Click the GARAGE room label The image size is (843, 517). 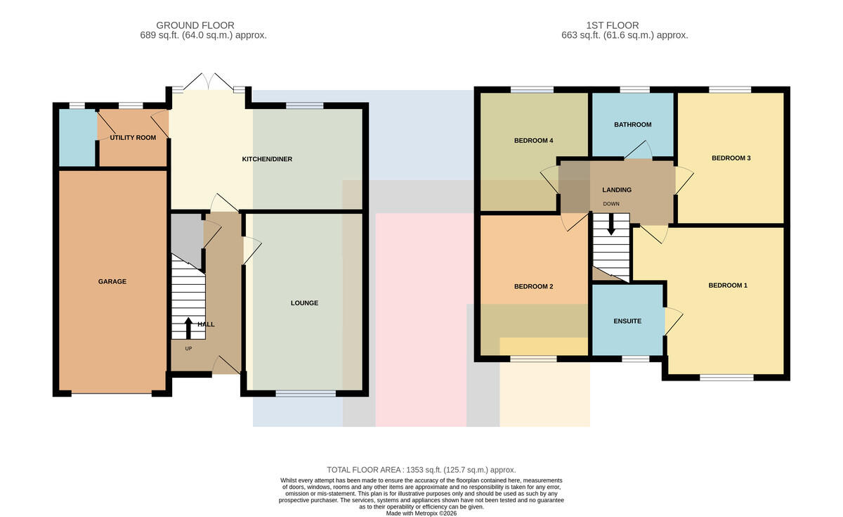112,281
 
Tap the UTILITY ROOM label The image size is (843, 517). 133,138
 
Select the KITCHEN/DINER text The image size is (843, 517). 267,159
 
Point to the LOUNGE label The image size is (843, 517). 304,303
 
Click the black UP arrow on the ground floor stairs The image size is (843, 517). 188,328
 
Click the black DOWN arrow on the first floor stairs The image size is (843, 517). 611,224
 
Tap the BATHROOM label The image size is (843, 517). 633,125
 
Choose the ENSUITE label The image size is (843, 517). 627,321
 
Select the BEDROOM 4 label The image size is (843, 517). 534,141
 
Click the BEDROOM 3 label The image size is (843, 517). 731,158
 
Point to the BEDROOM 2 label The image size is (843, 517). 534,286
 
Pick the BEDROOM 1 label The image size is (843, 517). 728,286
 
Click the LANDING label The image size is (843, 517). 617,190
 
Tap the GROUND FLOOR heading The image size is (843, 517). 195,25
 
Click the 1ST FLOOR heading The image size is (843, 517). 613,25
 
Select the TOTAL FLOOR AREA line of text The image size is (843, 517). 421,470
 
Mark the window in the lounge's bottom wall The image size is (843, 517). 306,394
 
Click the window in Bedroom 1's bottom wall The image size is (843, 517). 726,378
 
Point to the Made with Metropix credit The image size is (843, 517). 421,513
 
